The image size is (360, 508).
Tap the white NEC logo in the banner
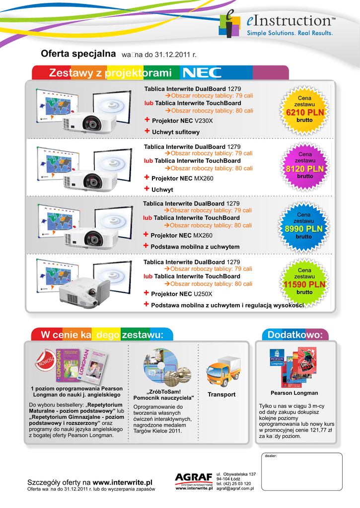[x=202, y=73]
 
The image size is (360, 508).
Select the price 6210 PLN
[x=304, y=113]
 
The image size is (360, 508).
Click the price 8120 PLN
[x=304, y=169]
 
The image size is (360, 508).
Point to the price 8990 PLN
[x=303, y=229]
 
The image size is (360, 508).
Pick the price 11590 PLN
[x=304, y=285]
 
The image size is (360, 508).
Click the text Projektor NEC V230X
[x=182, y=121]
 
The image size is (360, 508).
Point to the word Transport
[x=221, y=394]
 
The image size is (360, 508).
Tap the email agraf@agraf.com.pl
[x=235, y=489]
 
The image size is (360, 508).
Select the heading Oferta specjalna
[x=78, y=54]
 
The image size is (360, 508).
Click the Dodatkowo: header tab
[x=295, y=335]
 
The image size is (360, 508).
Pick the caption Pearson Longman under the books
[x=294, y=393]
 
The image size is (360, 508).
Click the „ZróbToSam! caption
[x=163, y=392]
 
